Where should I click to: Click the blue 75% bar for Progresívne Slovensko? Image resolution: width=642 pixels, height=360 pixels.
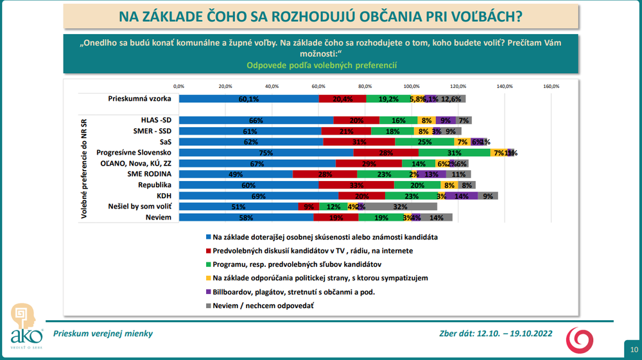(266, 153)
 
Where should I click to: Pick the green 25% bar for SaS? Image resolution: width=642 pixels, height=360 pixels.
(424, 142)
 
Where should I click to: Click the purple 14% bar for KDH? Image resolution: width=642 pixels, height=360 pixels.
(462, 196)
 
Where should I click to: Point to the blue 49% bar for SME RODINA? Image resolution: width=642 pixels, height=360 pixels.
(236, 174)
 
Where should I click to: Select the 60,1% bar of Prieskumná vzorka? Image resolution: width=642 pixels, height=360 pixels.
(248, 99)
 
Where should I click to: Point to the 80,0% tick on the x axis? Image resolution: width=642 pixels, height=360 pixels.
(365, 86)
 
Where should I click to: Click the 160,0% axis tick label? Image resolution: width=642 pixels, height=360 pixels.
(551, 86)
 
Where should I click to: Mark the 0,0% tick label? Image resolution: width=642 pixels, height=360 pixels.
(179, 86)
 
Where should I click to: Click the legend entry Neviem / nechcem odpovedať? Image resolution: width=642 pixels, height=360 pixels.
(263, 306)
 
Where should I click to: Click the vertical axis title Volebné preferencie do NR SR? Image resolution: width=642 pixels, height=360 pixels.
(84, 168)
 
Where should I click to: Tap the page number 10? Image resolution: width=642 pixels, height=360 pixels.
(633, 350)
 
